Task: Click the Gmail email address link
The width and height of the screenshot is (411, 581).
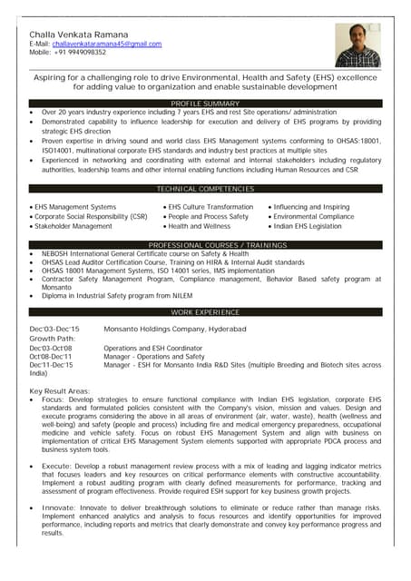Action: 107,44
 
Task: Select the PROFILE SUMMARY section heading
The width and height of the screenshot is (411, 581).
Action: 205,104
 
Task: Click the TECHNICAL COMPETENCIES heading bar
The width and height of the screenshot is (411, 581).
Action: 205,189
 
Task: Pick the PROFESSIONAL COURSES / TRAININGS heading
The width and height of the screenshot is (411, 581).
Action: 205,246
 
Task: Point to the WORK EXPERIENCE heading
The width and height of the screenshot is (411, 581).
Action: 205,312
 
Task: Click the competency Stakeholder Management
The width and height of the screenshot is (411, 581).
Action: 73,226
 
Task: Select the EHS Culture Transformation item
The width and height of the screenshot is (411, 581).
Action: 210,207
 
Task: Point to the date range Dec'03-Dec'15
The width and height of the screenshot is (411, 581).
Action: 54,329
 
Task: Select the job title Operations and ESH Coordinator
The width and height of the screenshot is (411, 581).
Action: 152,348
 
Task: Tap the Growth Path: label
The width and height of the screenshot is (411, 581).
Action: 53,339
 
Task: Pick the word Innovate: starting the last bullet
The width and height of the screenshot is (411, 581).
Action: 59,508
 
